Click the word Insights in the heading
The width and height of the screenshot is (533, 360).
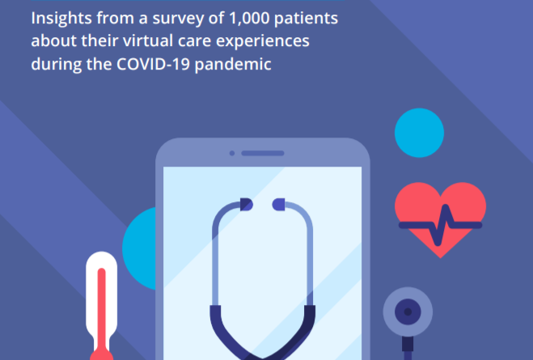click(x=61, y=19)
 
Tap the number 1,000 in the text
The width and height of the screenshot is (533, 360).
click(x=249, y=19)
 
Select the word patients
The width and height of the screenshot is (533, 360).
click(x=306, y=19)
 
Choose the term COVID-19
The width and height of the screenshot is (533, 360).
click(x=153, y=64)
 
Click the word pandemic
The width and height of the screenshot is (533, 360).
click(x=233, y=65)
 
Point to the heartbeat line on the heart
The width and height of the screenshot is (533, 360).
click(x=440, y=225)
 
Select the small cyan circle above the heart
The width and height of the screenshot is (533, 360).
click(x=419, y=133)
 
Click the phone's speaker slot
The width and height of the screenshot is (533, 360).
click(x=263, y=154)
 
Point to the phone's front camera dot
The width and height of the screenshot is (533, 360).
click(x=232, y=154)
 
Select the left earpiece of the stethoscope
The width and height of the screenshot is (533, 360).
click(x=246, y=205)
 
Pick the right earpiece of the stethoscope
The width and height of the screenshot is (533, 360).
click(x=279, y=205)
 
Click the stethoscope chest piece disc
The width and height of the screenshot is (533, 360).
click(x=408, y=311)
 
